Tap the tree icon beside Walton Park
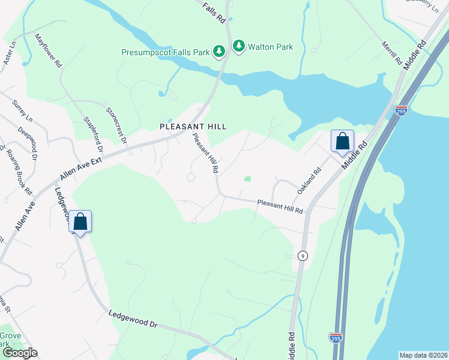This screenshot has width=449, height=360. (240, 46)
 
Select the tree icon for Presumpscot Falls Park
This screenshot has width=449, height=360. (220, 52)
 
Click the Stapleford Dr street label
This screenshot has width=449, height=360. (94, 133)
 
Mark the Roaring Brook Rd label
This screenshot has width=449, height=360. (18, 170)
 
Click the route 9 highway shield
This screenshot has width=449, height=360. (302, 256)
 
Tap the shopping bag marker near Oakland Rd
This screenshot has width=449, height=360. (342, 142)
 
